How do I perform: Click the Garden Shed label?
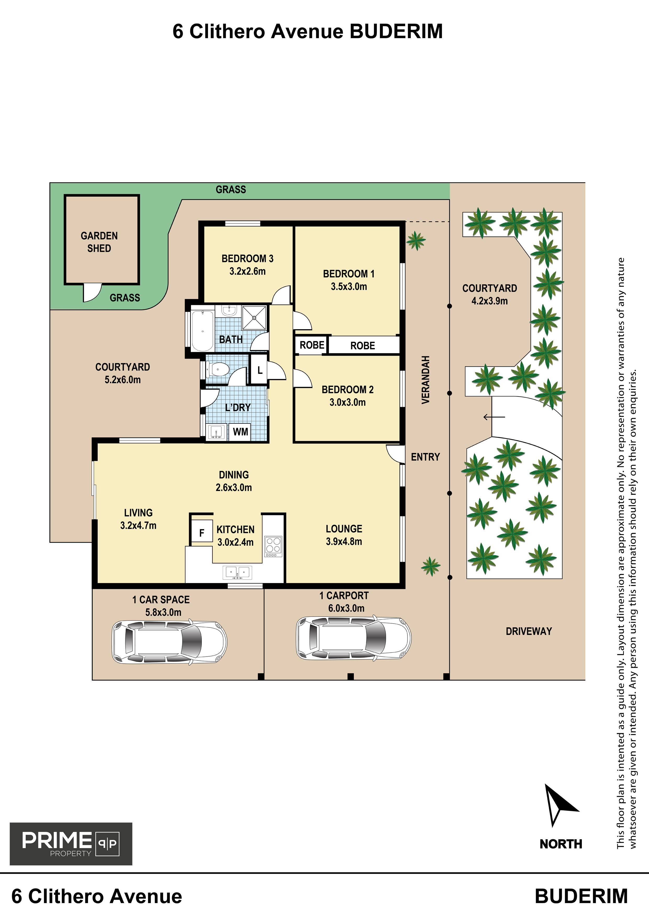coord(99,242)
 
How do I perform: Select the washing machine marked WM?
coord(240,432)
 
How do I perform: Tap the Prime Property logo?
coord(71,844)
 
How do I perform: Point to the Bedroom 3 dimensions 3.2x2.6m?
coord(248,271)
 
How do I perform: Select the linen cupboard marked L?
coord(259,370)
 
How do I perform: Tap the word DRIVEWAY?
coord(529,631)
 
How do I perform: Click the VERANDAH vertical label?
coord(426,380)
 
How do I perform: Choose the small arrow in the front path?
coord(494,417)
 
